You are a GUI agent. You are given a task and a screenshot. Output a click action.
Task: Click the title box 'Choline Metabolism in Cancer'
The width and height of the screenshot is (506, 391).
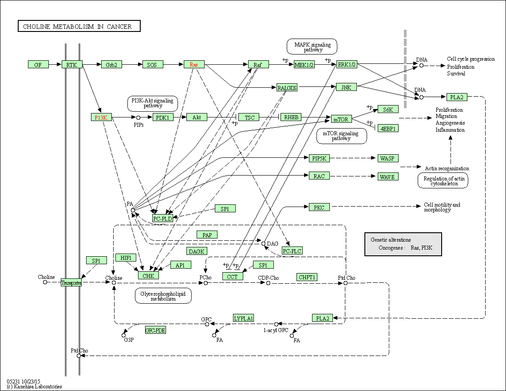tap(79, 27)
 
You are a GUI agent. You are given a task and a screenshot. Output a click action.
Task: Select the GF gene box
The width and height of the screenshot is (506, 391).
tap(38, 65)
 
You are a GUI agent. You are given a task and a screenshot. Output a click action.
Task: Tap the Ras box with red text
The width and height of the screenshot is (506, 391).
tap(194, 65)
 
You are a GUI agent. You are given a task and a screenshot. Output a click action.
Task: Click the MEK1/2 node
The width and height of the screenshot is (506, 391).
tap(304, 65)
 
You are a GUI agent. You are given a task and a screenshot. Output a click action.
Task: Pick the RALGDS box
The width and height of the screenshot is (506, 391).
tap(287, 87)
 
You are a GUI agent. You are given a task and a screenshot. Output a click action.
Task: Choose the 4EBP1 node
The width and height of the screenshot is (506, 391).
tap(387, 129)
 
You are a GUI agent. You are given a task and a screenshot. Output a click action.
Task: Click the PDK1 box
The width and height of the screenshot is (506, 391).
tap(163, 117)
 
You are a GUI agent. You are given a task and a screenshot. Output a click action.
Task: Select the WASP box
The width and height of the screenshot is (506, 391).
tap(388, 158)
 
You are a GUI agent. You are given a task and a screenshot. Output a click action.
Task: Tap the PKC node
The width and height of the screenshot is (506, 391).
tap(319, 207)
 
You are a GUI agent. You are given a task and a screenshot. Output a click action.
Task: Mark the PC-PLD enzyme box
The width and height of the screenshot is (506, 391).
tap(162, 218)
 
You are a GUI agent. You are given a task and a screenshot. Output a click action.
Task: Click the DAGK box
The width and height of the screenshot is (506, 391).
tap(197, 251)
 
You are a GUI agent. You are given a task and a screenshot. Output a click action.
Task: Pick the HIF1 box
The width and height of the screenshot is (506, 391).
tap(126, 258)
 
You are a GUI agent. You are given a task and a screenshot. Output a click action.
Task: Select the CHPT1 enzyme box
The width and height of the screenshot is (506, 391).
tap(307, 277)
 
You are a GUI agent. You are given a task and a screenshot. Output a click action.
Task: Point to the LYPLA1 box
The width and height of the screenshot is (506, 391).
tap(244, 318)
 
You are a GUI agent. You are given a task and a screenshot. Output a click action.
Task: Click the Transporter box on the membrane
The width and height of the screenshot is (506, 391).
tap(71, 283)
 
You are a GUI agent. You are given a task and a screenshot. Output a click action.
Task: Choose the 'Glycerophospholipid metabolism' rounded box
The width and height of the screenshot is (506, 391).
tap(163, 296)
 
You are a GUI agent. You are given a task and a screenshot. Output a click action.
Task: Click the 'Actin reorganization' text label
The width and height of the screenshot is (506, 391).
tap(447, 168)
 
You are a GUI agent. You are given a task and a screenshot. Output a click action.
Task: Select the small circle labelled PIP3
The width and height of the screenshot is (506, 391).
tap(138, 117)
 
